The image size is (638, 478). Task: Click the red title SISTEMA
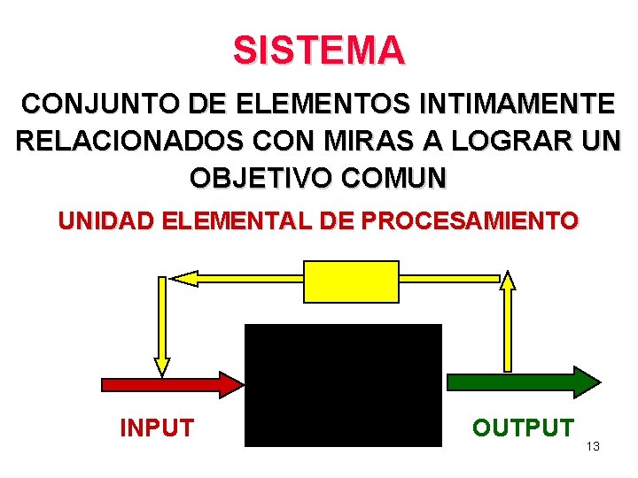click(x=319, y=50)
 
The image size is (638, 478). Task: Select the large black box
click(x=343, y=385)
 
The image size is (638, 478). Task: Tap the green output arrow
click(x=523, y=382)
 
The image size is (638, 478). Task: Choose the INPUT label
click(x=156, y=428)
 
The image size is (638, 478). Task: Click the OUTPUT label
click(x=522, y=428)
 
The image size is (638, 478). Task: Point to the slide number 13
click(x=593, y=446)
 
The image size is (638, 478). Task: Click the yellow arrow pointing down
click(x=161, y=327)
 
